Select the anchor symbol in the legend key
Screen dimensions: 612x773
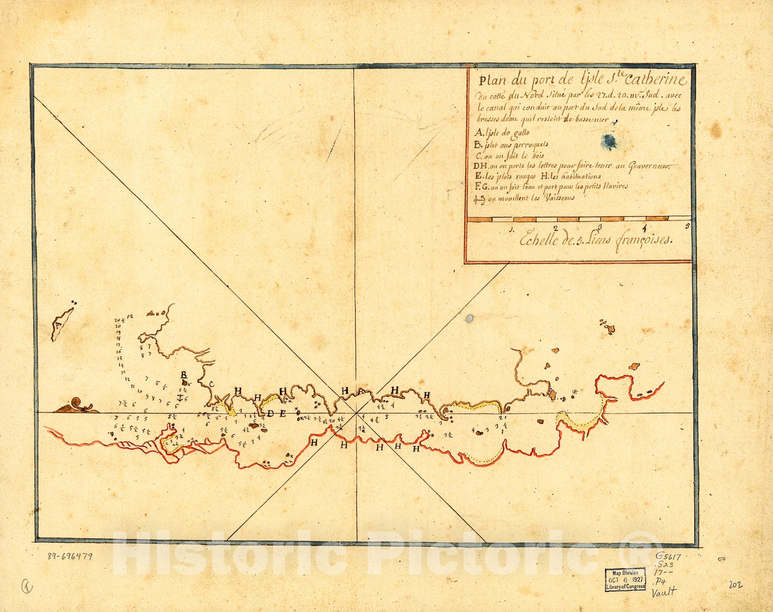click(480, 199)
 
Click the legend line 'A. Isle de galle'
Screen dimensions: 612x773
click(502, 132)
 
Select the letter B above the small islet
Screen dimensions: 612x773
click(184, 375)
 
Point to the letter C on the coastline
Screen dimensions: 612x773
click(211, 384)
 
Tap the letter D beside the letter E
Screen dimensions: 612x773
click(270, 413)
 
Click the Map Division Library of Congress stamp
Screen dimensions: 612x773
click(625, 579)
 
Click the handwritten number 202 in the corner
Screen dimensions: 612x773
click(736, 585)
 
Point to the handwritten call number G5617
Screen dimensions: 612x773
click(668, 556)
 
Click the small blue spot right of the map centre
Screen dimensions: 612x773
click(469, 319)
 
